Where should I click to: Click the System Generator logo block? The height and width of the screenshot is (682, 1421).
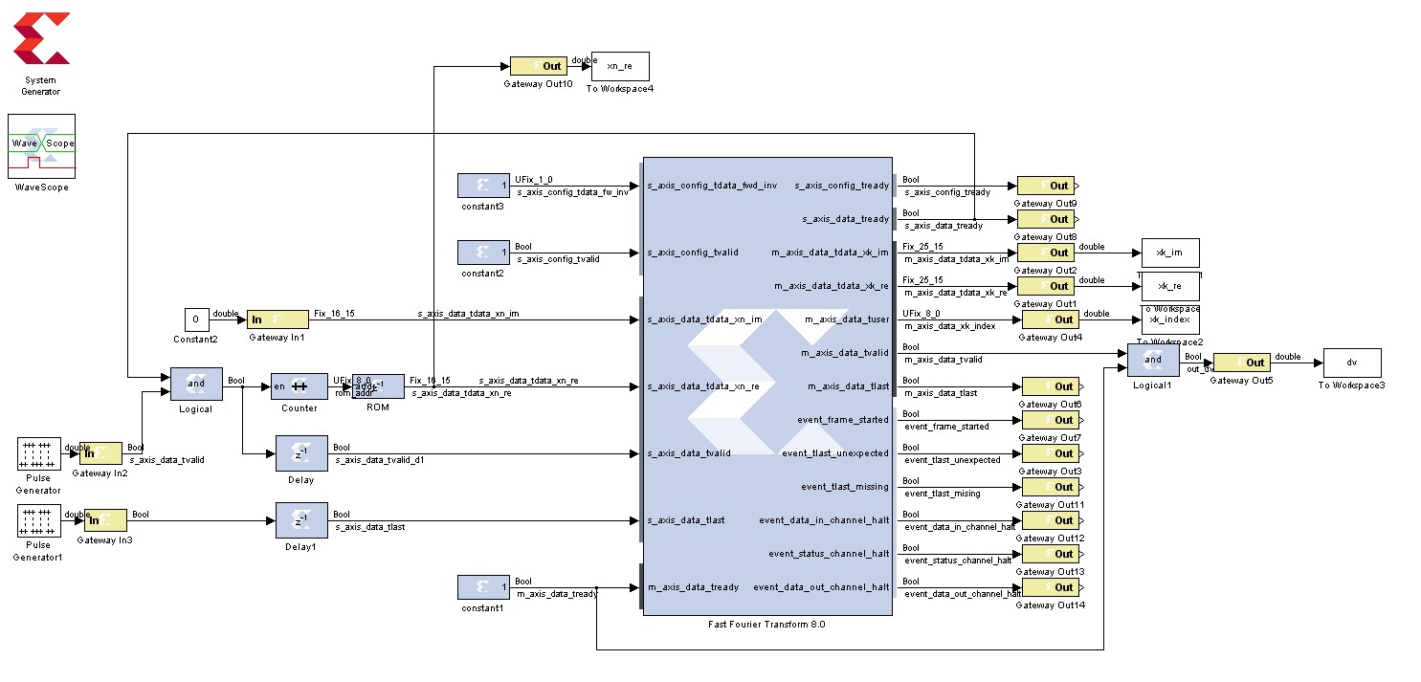click(x=41, y=40)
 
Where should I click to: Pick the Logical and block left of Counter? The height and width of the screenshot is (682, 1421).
click(x=196, y=385)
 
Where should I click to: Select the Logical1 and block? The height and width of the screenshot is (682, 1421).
click(x=1152, y=361)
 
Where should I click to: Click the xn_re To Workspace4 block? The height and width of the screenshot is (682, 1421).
click(x=620, y=66)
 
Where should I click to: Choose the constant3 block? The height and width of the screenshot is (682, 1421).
click(x=483, y=186)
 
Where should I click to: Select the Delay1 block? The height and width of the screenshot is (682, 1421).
click(x=301, y=520)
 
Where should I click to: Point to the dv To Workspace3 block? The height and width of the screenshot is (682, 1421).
click(x=1352, y=363)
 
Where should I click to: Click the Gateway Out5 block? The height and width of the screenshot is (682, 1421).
click(x=1242, y=363)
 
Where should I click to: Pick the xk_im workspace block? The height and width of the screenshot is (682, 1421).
click(x=1170, y=253)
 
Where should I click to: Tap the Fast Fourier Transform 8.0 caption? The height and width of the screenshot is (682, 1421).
click(x=766, y=624)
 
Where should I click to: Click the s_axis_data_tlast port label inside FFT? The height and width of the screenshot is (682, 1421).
click(x=685, y=520)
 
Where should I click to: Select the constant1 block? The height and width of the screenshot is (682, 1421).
click(x=483, y=587)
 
